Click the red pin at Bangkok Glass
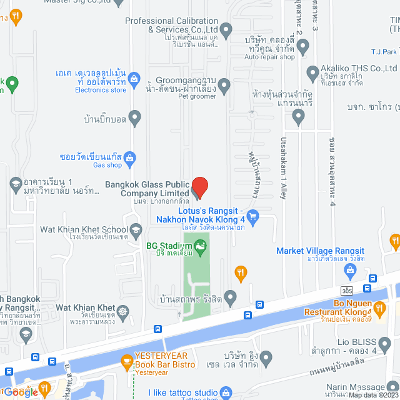(x=199, y=187)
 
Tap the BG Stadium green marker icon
(x=201, y=248)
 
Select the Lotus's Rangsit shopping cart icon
(x=252, y=217)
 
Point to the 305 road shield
(x=347, y=291)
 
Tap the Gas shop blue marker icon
(x=129, y=157)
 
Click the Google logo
(x=21, y=392)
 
